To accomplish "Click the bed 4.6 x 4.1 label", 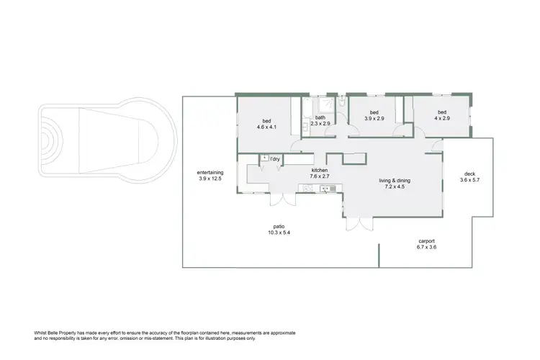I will click(x=266, y=123).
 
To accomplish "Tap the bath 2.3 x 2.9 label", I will click(x=320, y=120).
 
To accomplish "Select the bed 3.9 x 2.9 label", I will click(x=374, y=116).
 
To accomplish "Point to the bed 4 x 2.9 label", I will click(x=442, y=115).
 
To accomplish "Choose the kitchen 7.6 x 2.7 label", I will click(x=319, y=173).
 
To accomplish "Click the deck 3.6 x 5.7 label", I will click(x=469, y=176).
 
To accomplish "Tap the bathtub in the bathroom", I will click(x=306, y=112).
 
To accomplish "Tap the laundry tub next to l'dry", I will click(x=264, y=158).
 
